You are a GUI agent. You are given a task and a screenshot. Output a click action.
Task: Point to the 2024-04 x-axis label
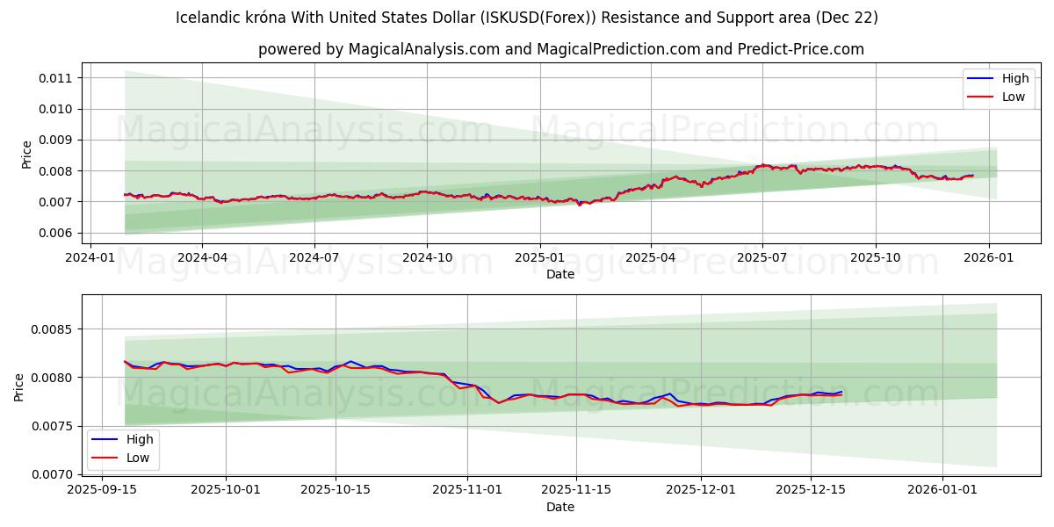coord(202,257)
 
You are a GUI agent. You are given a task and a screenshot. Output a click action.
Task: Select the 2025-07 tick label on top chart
coord(762,257)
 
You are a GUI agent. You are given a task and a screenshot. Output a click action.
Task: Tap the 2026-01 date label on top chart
coord(988,257)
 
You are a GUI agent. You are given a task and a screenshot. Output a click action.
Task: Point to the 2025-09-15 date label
coord(102,490)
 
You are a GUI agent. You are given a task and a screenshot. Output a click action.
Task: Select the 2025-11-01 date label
coord(466,490)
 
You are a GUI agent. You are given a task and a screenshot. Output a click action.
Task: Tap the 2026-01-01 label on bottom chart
coord(942,490)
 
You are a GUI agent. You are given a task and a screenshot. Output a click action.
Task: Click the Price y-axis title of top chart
coord(27,155)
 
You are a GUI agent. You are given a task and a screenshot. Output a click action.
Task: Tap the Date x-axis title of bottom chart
coord(560,507)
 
